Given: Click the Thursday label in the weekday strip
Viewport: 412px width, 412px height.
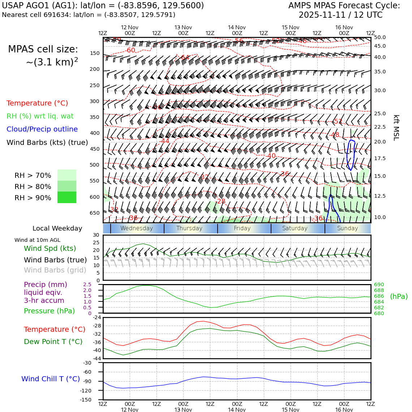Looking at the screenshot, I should click(x=189, y=228).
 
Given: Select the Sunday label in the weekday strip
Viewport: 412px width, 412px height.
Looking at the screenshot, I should click(x=347, y=228).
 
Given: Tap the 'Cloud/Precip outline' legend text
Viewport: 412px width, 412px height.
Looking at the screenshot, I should click(x=42, y=129).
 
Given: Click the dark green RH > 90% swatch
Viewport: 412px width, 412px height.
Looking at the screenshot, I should click(x=67, y=197).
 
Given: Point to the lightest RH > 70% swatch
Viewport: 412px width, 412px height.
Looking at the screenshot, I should click(x=67, y=175).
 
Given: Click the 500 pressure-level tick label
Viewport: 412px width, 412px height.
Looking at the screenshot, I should click(x=94, y=165).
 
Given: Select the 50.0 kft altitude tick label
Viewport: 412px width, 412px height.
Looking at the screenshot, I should click(x=380, y=38).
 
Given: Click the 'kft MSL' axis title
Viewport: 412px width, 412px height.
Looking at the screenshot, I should click(x=396, y=128).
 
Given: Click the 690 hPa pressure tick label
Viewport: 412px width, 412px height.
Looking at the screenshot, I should click(x=379, y=285).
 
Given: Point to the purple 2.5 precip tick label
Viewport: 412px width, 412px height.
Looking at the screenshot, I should click(x=87, y=285).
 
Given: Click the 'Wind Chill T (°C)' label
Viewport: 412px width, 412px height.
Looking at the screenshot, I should click(x=51, y=379).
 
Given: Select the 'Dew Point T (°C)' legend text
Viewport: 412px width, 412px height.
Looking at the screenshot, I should click(x=53, y=342).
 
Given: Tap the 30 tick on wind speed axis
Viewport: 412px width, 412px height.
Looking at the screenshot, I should click(x=96, y=235).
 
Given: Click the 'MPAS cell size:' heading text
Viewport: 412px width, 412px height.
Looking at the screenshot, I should click(x=43, y=50).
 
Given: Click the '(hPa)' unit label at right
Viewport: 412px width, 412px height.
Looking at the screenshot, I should click(x=399, y=297).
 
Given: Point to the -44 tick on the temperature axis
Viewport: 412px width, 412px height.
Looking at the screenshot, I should click(x=96, y=358).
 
